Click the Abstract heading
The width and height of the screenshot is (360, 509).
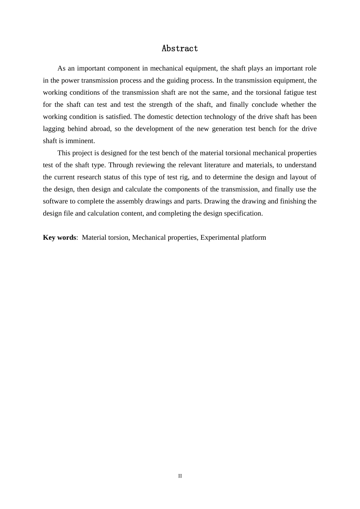(x=180, y=48)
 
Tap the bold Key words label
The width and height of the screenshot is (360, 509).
(x=59, y=237)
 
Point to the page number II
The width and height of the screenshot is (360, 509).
(x=180, y=476)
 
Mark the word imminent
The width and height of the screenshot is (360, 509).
(x=80, y=141)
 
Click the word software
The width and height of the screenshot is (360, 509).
(x=55, y=201)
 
